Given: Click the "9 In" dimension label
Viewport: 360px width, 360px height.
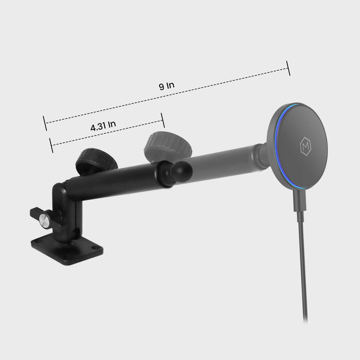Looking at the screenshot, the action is (x=166, y=85).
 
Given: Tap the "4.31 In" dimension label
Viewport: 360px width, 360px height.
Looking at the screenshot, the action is (x=103, y=126).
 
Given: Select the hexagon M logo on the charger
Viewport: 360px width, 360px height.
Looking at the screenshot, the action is (x=305, y=146).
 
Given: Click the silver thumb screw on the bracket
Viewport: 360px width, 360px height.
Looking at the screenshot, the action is (x=44, y=221).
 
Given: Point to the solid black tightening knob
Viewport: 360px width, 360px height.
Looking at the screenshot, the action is (x=97, y=162).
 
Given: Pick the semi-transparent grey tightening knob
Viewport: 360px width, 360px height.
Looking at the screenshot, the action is (x=168, y=145).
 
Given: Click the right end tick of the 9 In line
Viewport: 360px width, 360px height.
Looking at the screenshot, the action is (x=289, y=68).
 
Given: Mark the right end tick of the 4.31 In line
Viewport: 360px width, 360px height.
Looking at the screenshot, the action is (x=163, y=120).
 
